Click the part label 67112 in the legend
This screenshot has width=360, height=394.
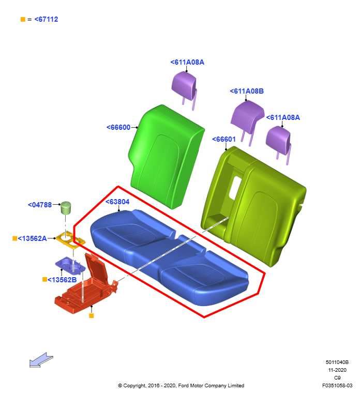46,19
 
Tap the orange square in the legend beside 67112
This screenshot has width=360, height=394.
23,19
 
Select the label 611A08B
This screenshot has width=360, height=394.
247,91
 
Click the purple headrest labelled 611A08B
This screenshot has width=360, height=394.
248,117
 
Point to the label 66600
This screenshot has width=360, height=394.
118,127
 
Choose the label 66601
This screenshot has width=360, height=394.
224,139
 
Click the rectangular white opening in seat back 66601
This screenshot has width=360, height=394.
235,187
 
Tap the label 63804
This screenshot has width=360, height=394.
117,202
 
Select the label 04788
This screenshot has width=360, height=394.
40,205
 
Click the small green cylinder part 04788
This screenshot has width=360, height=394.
66,208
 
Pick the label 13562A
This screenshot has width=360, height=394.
32,238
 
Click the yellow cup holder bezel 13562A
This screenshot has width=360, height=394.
70,240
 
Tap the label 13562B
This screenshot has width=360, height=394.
62,280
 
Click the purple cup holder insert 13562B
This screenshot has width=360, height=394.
70,265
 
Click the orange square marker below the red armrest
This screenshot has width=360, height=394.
92,315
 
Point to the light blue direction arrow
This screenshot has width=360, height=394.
41,360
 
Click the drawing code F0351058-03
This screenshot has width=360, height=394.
337,385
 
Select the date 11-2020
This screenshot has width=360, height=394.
337,370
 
